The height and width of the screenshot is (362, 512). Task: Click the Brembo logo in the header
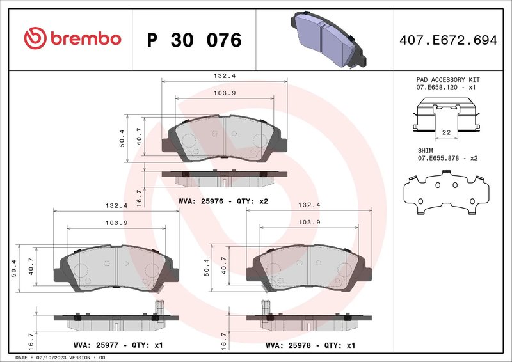tap(72, 39)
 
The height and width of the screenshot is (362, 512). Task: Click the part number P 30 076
tap(194, 40)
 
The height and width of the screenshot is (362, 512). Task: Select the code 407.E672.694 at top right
tap(447, 40)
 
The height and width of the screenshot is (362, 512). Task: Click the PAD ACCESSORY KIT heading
tap(448, 79)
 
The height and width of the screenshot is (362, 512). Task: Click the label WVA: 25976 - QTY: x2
tap(223, 201)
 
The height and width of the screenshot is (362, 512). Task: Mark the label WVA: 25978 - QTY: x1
tap(310, 345)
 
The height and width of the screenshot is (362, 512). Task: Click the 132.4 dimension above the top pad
tap(224, 75)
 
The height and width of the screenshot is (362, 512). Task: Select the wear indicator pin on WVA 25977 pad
tap(160, 307)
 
